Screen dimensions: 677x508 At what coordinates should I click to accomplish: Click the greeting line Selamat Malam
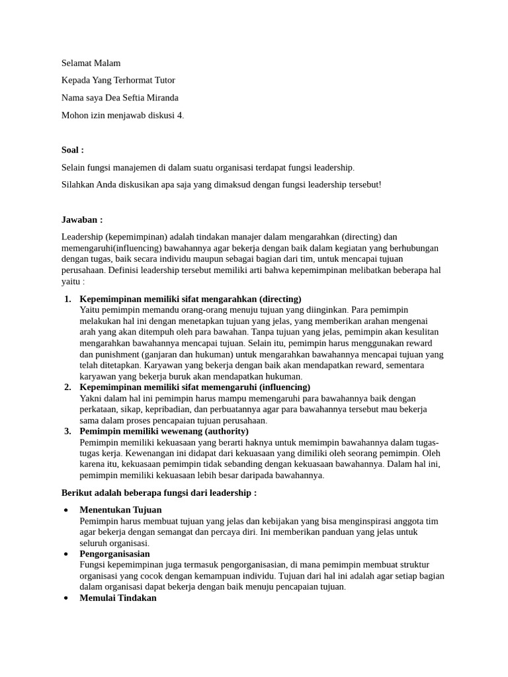[x=91, y=63]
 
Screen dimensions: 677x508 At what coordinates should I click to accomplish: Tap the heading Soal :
[x=72, y=150]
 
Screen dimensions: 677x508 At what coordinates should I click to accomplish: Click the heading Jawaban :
[x=81, y=219]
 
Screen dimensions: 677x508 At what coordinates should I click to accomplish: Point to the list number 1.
[x=67, y=299]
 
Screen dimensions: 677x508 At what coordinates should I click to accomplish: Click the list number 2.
[x=67, y=387]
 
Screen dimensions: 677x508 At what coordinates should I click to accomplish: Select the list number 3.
[x=67, y=431]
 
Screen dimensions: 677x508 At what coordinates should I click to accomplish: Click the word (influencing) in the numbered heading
[x=275, y=387]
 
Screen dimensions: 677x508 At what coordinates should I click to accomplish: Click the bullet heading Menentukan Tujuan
[x=120, y=510]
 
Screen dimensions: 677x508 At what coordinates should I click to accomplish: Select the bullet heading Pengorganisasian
[x=114, y=553]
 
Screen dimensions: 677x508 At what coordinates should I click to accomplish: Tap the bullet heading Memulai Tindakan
[x=118, y=598]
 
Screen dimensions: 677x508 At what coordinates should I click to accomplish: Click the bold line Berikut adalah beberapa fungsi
[x=159, y=493]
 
